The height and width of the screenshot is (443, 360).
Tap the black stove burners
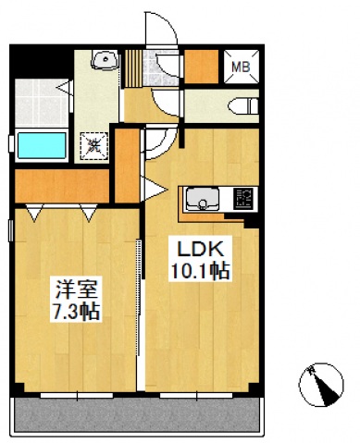click(x=244, y=199)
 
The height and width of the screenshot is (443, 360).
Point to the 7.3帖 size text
click(x=71, y=309)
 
